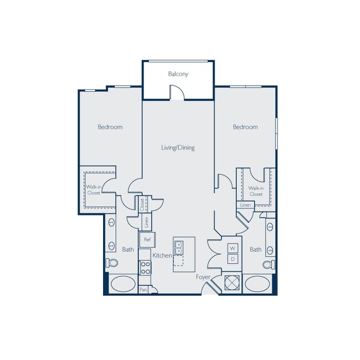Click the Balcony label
pos(178,74)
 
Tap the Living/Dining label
pos(178,148)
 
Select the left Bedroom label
pos(110,127)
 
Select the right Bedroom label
pos(245,127)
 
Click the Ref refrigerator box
pos(147,240)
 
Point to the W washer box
pos(233,248)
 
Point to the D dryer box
pos(233,259)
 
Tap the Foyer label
pos(203,276)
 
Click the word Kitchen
pos(162,255)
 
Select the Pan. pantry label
pos(143,290)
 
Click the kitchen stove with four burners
pos(145,268)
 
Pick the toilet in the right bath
pos(269,264)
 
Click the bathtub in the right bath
pos(256,284)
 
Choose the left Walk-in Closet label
pos(93,191)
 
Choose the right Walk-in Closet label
pos(256,191)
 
